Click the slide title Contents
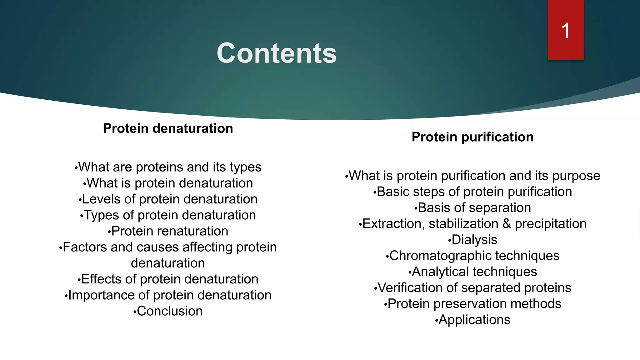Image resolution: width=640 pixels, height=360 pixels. pyautogui.click(x=277, y=53)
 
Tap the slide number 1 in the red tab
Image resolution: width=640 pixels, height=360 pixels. pyautogui.click(x=566, y=31)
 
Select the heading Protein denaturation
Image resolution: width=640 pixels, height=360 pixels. pyautogui.click(x=168, y=128)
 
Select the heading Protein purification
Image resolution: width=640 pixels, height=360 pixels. pyautogui.click(x=472, y=137)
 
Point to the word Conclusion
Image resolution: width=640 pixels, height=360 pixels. pyautogui.click(x=170, y=311)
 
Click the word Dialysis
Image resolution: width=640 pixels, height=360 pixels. pyautogui.click(x=474, y=240)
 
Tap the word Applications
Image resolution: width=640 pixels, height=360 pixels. pyautogui.click(x=474, y=320)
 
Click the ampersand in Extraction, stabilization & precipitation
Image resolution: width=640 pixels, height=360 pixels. pyautogui.click(x=507, y=224)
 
